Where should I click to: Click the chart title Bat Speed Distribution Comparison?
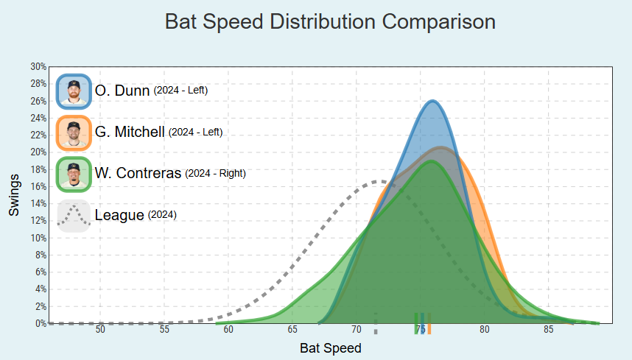[330, 21]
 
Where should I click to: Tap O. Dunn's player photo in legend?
[73, 91]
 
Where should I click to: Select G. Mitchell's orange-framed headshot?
[73, 133]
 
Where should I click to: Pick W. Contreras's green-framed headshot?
[73, 174]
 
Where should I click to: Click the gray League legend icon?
[73, 215]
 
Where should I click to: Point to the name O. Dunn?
[122, 91]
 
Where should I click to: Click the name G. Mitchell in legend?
[130, 133]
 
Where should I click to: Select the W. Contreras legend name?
[138, 174]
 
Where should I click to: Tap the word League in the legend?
[119, 216]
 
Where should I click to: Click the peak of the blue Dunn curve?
[432, 101]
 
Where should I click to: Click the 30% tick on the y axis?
[38, 66]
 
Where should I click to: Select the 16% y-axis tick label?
[38, 186]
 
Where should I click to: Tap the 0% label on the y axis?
[41, 323]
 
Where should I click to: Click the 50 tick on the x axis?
[100, 329]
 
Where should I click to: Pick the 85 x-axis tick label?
[548, 329]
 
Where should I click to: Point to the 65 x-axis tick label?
[292, 329]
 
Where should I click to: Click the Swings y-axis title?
[15, 196]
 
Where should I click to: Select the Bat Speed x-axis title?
[331, 347]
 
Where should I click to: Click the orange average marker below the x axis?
[429, 324]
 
